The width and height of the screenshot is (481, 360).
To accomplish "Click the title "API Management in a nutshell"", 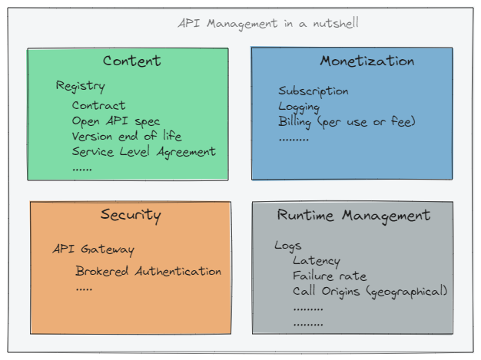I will (267, 23).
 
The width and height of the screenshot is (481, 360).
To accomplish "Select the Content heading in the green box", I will (132, 61).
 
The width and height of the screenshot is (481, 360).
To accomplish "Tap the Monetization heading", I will (367, 61).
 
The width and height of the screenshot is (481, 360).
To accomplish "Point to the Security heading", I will (131, 214).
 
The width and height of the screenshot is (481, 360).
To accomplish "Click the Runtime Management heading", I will (353, 215).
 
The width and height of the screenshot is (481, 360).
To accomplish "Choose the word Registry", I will (80, 86).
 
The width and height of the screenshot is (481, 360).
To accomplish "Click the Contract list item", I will (98, 105).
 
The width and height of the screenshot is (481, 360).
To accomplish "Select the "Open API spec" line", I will (116, 121).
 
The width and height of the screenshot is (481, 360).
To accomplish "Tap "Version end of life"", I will (127, 136).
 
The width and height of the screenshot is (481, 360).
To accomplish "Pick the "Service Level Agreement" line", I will (144, 151).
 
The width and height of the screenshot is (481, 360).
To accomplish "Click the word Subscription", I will (313, 91).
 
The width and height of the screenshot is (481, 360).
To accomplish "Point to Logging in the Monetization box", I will (298, 107).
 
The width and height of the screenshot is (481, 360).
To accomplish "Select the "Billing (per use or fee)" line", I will (347, 121).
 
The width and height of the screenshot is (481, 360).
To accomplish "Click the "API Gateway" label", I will (93, 249).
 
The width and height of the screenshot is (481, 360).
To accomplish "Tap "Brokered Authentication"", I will (148, 271).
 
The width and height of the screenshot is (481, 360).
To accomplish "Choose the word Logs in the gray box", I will (288, 246).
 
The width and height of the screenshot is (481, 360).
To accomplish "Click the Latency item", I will (316, 261).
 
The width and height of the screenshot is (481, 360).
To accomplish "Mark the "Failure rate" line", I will (330, 276).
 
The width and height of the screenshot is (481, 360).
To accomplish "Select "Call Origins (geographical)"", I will (370, 291).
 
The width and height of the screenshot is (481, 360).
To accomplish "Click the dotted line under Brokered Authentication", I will (84, 289).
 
